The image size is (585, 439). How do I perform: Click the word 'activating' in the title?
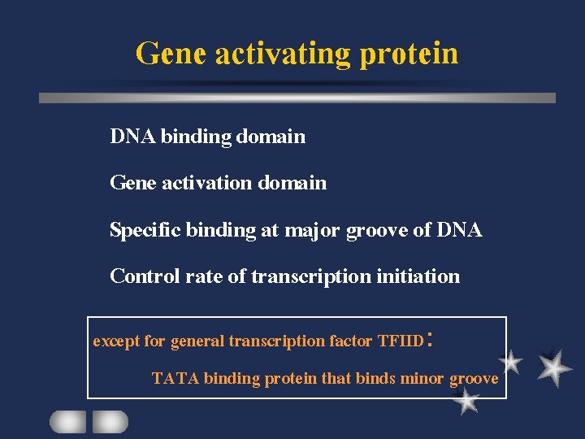(281, 54)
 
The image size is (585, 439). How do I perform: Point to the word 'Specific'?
(145, 230)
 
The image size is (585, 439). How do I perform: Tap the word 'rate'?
(204, 276)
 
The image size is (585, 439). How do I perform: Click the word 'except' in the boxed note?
(117, 341)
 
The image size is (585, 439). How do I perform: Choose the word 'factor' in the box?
(351, 341)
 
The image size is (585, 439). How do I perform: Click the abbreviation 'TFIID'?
(401, 341)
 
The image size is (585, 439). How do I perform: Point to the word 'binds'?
(375, 378)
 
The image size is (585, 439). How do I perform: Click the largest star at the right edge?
(554, 367)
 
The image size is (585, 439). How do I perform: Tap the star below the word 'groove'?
(466, 400)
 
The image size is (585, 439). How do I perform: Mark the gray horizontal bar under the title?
(297, 98)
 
